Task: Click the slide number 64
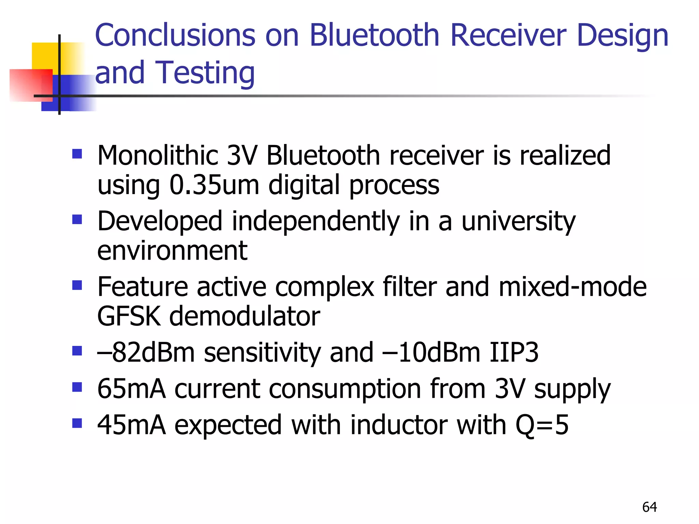[650, 507]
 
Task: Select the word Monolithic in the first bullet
[158, 156]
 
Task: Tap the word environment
[172, 251]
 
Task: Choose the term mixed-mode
[572, 287]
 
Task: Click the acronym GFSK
[129, 316]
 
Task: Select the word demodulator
[244, 316]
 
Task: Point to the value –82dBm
[146, 352]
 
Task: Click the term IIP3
[514, 352]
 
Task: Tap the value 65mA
[131, 389]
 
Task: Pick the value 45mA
[131, 425]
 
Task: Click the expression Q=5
[542, 425]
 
